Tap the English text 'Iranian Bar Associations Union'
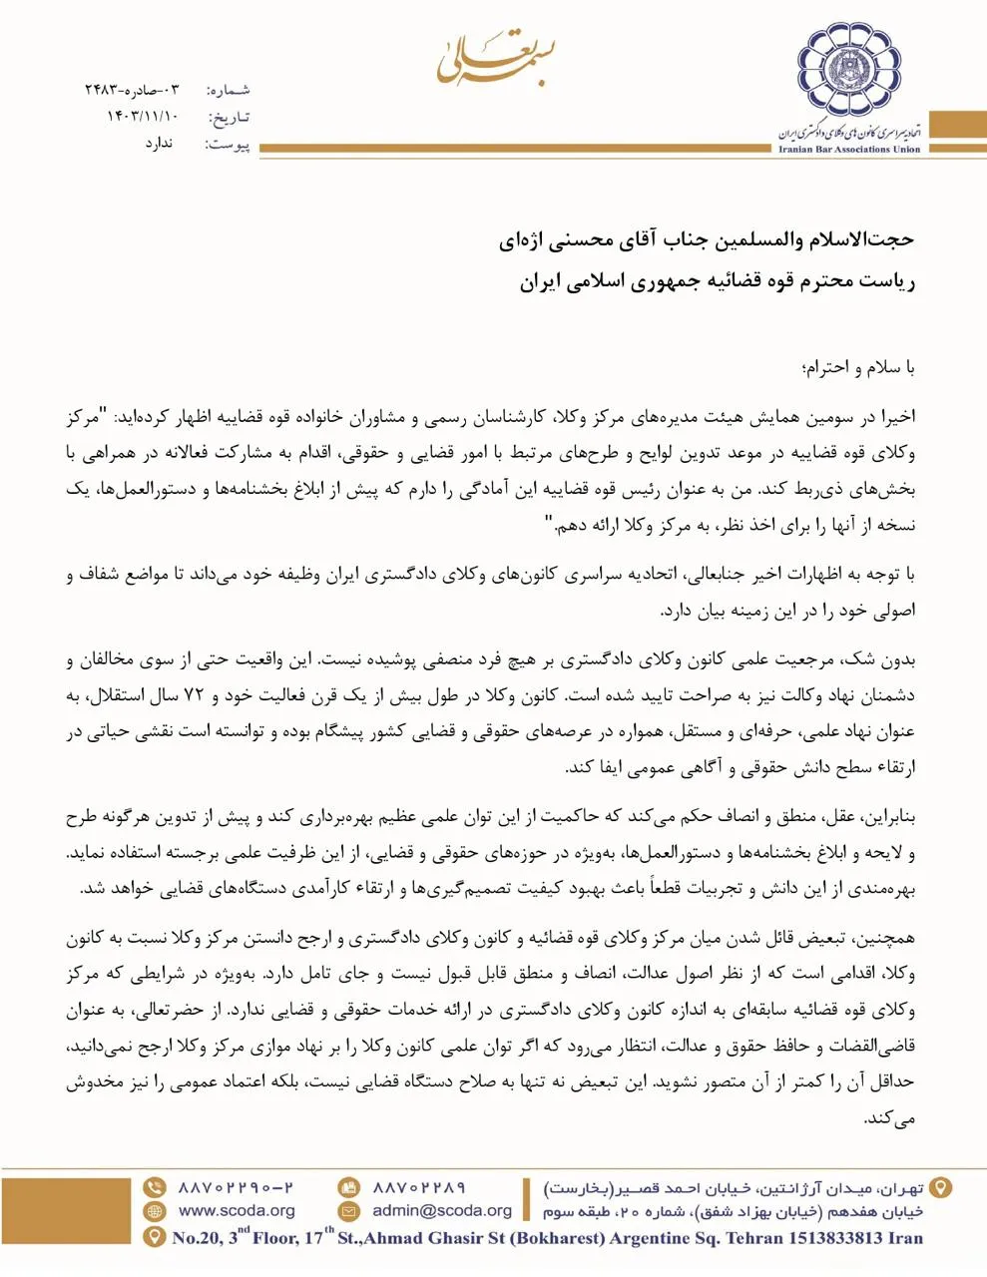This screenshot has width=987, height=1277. click(849, 150)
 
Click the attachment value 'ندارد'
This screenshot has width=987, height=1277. click(159, 144)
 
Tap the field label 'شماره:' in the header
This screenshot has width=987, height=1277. click(229, 90)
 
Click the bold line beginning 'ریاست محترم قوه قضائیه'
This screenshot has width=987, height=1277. click(717, 281)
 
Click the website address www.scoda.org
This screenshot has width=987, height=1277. click(237, 1211)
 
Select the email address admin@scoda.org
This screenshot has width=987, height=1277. click(442, 1211)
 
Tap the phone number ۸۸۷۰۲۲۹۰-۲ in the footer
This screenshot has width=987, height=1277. click(236, 1187)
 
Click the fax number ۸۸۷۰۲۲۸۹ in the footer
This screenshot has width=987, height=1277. click(419, 1187)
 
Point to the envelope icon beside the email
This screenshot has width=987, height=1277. click(348, 1211)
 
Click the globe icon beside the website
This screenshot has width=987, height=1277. click(154, 1211)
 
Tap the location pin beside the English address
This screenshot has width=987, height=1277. click(154, 1238)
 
